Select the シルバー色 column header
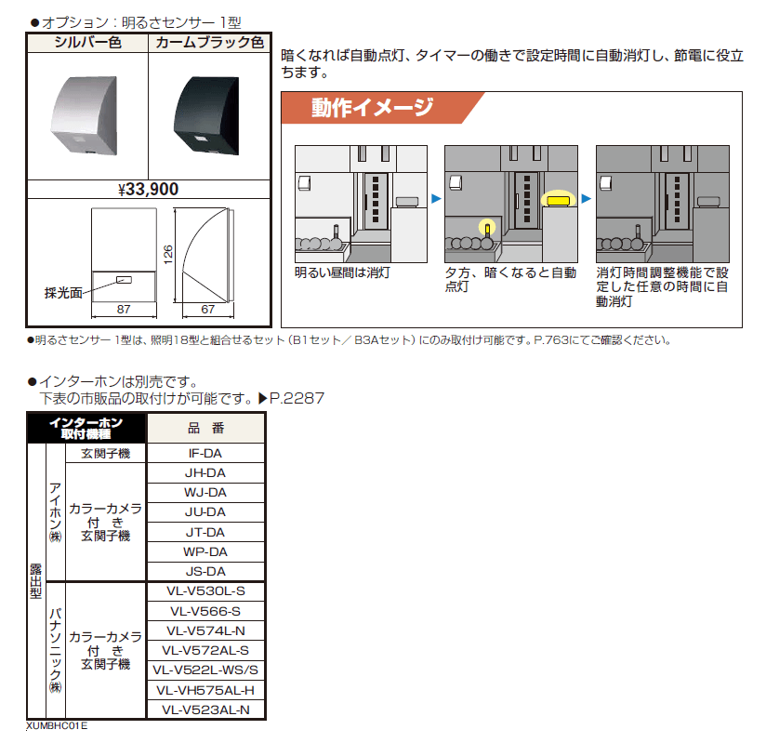(87, 43)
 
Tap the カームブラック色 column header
(208, 43)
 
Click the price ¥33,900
(149, 189)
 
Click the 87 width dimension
(123, 309)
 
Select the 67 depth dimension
(207, 309)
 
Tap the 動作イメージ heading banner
(372, 108)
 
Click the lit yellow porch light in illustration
(558, 199)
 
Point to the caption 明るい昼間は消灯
(342, 272)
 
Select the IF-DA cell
(205, 454)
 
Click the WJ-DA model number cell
(205, 493)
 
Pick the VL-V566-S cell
(205, 611)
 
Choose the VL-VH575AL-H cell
(205, 689)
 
